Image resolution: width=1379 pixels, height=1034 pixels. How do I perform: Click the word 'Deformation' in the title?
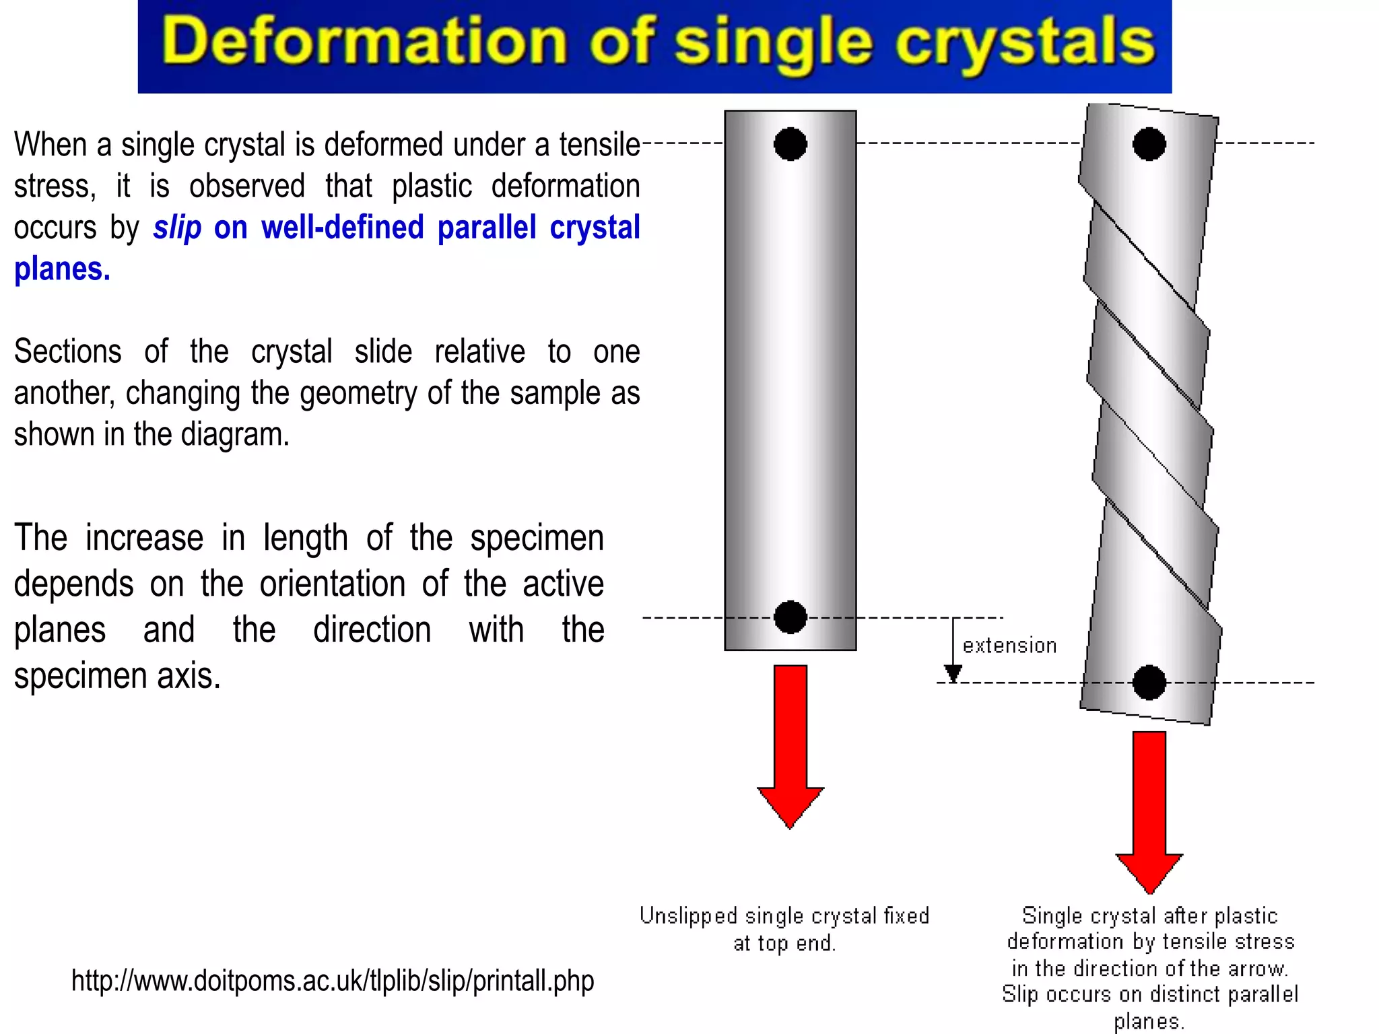364,42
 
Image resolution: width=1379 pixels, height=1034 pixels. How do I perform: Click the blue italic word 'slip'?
177,228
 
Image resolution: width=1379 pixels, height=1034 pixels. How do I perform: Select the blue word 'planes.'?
62,269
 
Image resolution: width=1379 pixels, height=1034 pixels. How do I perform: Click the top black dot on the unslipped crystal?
790,143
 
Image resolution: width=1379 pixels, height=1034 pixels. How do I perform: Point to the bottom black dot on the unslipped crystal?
790,617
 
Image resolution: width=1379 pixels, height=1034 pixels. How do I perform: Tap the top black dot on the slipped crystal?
1149,143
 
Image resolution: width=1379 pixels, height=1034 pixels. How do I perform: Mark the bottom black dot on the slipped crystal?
1149,683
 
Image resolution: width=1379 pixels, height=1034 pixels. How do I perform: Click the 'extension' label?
1009,646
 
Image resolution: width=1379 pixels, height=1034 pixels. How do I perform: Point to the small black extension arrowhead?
953,673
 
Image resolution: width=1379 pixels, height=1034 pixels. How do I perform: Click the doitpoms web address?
333,981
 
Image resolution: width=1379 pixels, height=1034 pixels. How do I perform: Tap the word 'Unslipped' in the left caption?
688,916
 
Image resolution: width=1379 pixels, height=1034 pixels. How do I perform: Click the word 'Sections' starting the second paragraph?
68,352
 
